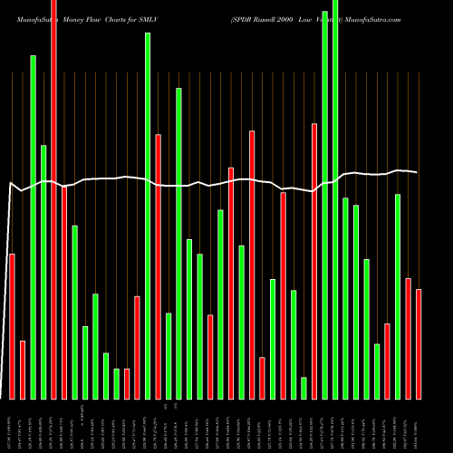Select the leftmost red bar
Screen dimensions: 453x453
pyautogui.click(x=12, y=326)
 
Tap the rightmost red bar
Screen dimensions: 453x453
pyautogui.click(x=419, y=344)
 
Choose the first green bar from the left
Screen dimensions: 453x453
pyautogui.click(x=33, y=226)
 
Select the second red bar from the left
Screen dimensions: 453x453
pyautogui.click(x=22, y=370)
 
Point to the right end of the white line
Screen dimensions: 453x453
pyautogui.click(x=418, y=172)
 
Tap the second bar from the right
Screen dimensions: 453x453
pyautogui.click(x=408, y=339)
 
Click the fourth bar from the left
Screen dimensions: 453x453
pyautogui.click(x=43, y=272)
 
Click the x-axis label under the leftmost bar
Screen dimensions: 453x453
pyautogui.click(x=12, y=426)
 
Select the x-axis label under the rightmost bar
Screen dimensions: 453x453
pyautogui.click(x=419, y=426)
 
